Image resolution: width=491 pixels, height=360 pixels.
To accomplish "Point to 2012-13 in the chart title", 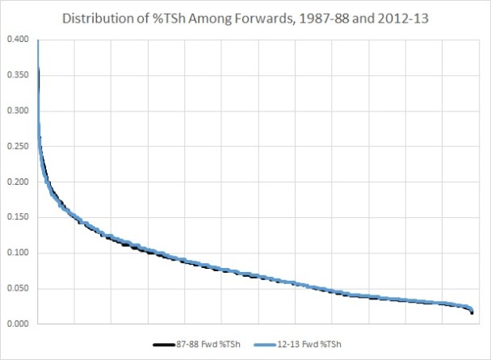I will pos(391,16).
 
